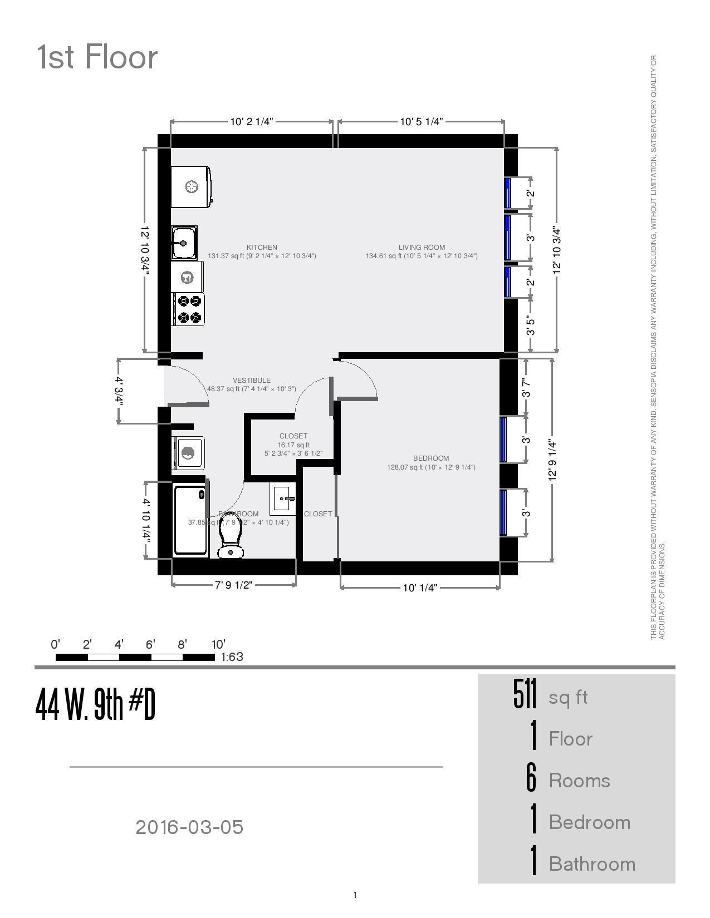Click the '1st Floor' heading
click(97, 57)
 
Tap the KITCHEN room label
click(262, 248)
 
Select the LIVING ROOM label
click(422, 248)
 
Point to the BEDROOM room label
click(431, 458)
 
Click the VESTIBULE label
click(252, 381)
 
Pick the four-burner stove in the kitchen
click(189, 309)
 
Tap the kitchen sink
click(184, 243)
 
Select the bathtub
click(190, 521)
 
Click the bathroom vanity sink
click(283, 499)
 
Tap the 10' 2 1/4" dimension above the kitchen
click(252, 122)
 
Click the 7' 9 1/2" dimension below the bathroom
click(234, 585)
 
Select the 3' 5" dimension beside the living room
click(531, 326)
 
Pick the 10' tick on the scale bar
click(218, 645)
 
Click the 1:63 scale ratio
click(232, 657)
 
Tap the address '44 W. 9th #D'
click(95, 704)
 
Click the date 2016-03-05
click(189, 827)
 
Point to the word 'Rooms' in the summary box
click(579, 781)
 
